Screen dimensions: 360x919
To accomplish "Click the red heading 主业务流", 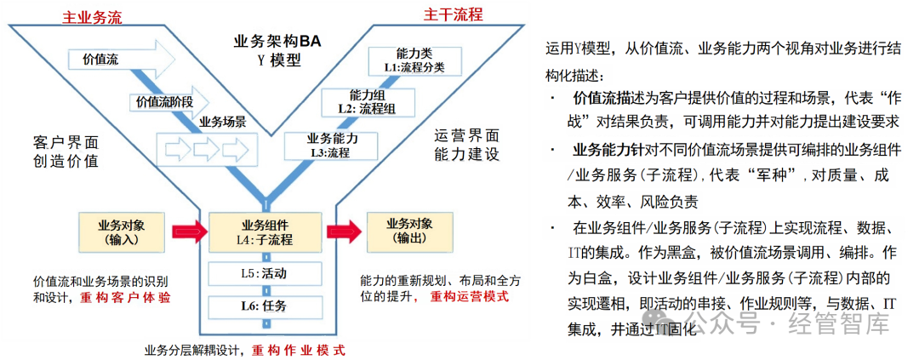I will pos(93,15).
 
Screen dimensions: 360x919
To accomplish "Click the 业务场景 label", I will pos(223,122).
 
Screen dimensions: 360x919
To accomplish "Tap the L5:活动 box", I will pos(265,273).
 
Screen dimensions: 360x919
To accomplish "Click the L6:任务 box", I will pos(265,306).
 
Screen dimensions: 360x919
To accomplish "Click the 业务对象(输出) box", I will pos(409,231).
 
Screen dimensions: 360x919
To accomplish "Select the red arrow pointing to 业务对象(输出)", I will pos(343,231).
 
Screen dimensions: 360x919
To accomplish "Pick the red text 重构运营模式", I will pos(469,295).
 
